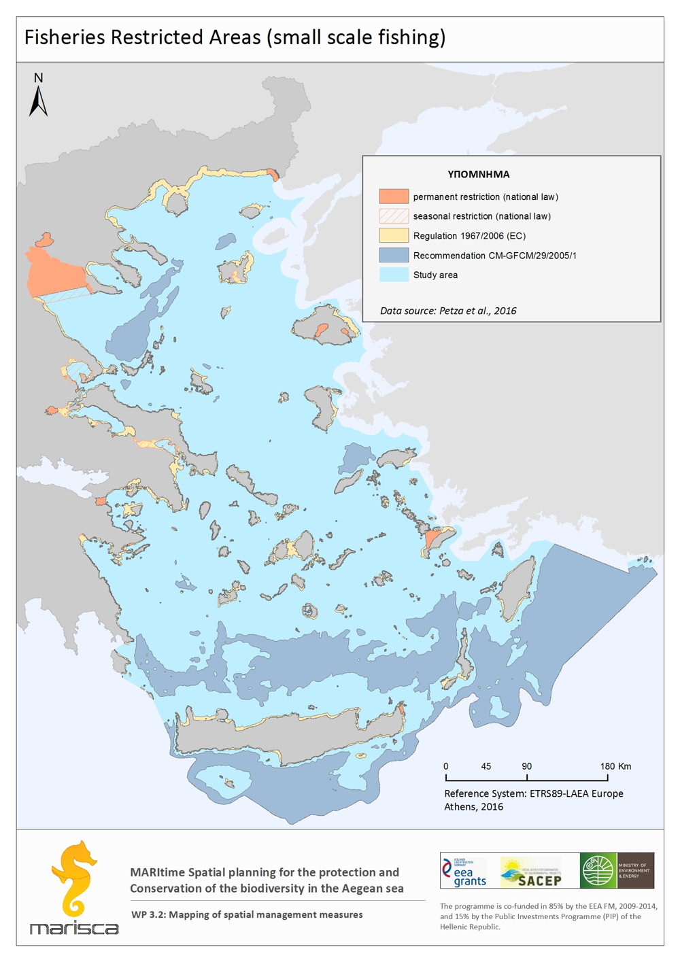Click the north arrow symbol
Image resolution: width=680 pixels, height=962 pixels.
[38, 97]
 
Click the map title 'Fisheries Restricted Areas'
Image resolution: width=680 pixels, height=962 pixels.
[235, 37]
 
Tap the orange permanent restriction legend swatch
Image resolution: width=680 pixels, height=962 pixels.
[394, 196]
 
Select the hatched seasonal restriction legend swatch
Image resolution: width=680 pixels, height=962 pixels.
[394, 216]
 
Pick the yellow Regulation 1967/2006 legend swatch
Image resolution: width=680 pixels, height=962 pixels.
[394, 236]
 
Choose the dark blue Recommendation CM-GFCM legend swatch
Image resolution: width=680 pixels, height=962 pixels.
[394, 256]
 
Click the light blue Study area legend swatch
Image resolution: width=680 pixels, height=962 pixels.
[394, 275]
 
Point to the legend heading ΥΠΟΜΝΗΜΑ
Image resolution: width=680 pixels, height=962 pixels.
[478, 174]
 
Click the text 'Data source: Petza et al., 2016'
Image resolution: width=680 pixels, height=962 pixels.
[448, 311]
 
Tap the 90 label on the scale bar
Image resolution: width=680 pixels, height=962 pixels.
[527, 766]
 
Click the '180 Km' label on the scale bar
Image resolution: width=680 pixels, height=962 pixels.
[615, 766]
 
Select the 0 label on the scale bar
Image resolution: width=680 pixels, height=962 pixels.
[446, 766]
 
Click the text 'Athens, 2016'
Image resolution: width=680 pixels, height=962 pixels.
[473, 807]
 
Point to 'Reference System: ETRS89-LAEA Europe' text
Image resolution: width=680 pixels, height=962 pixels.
[533, 793]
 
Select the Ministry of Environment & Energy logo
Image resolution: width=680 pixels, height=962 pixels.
[617, 871]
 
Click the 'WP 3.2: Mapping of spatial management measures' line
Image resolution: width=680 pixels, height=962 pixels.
[247, 914]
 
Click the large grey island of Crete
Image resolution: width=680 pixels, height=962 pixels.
[292, 738]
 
